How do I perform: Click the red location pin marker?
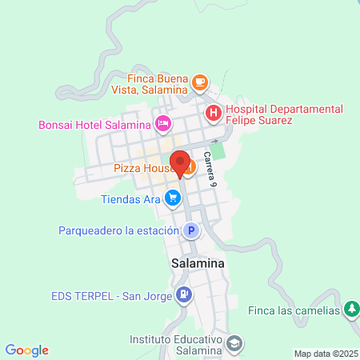click(x=180, y=161)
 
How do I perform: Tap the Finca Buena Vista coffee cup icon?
click(x=199, y=81)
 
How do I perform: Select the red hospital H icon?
click(x=214, y=113)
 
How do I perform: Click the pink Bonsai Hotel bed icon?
click(x=162, y=123)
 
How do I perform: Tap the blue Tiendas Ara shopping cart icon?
click(x=172, y=196)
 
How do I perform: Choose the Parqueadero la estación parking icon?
click(x=190, y=231)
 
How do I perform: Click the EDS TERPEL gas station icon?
click(x=184, y=295)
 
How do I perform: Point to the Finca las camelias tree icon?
click(x=351, y=309)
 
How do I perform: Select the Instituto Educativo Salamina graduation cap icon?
click(x=234, y=345)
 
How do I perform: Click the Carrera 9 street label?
click(x=210, y=169)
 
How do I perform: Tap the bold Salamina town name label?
click(x=197, y=262)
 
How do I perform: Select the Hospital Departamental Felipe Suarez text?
click(x=283, y=114)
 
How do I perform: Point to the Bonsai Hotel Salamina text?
click(x=94, y=125)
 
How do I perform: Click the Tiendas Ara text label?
click(x=131, y=198)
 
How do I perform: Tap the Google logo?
click(x=26, y=350)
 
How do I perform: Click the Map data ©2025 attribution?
click(x=325, y=354)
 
